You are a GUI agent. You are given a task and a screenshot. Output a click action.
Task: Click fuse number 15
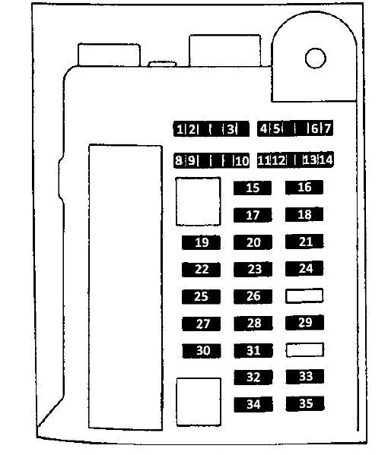[253, 188]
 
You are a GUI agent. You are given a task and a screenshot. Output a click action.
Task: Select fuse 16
[304, 187]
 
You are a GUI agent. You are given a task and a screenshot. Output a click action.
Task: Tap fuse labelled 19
[201, 242]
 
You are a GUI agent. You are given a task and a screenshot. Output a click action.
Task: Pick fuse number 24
[304, 268]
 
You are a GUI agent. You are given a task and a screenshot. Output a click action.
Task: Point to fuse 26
[253, 296]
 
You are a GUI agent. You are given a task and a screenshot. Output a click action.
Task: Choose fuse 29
[304, 322]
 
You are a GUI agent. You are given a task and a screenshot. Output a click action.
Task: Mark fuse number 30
[202, 350]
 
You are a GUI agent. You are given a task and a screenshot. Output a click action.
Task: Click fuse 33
[305, 376]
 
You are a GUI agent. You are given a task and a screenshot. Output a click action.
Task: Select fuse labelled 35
[305, 403]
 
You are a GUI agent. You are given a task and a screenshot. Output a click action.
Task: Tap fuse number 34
[253, 404]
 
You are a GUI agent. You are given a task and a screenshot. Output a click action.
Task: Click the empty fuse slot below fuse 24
[304, 295]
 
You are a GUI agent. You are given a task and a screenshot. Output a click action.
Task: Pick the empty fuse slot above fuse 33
[304, 349]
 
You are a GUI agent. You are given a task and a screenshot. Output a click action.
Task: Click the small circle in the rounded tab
[315, 58]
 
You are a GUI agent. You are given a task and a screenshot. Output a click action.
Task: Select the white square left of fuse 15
[198, 201]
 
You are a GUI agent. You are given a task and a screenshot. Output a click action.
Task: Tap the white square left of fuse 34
[199, 402]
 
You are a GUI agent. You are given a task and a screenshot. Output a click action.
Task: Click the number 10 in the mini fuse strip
[242, 161]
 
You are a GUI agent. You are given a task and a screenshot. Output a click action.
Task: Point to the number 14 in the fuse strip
[326, 160]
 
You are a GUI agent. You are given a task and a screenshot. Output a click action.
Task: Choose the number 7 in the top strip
[327, 128]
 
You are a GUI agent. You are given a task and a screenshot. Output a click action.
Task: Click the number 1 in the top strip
[180, 129]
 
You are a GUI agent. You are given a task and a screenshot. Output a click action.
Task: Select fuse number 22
[201, 270]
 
